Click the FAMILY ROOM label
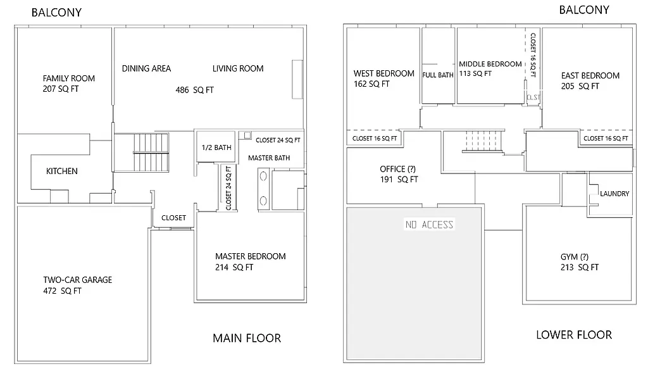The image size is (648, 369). pyautogui.click(x=68, y=78)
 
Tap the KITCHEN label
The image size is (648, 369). pyautogui.click(x=62, y=172)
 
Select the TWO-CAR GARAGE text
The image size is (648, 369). pyautogui.click(x=77, y=280)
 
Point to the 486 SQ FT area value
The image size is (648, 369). pyautogui.click(x=194, y=91)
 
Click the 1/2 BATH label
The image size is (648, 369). pyautogui.click(x=216, y=147)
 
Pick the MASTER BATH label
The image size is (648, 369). pyautogui.click(x=269, y=158)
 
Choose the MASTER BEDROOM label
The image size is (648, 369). pyautogui.click(x=250, y=256)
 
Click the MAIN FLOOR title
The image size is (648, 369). pyautogui.click(x=246, y=338)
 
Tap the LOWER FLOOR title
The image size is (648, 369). pyautogui.click(x=573, y=335)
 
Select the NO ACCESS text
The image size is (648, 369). pyautogui.click(x=429, y=225)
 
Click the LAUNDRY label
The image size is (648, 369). pyautogui.click(x=614, y=194)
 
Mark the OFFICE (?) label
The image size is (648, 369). pyautogui.click(x=398, y=169)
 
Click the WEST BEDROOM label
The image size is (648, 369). pyautogui.click(x=383, y=73)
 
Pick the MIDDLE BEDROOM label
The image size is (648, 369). pyautogui.click(x=490, y=64)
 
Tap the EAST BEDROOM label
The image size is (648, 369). pyautogui.click(x=590, y=76)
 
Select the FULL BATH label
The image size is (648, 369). pyautogui.click(x=438, y=75)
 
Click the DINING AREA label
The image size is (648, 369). pyautogui.click(x=146, y=68)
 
